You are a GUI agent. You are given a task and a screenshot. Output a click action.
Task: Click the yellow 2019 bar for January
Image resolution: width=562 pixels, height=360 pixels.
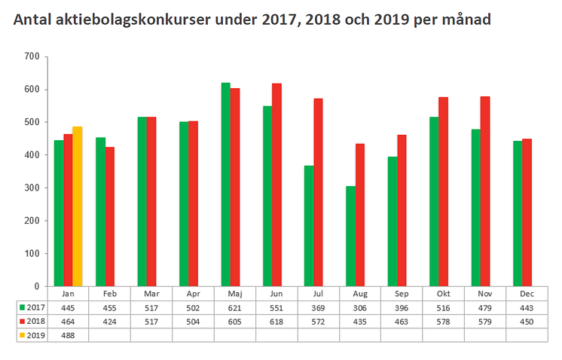coord(78,206)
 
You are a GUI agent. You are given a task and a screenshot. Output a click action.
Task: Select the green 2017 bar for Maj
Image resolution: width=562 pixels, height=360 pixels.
coord(225,185)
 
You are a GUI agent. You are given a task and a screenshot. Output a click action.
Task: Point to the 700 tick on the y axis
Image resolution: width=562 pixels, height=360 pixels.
coord(32,56)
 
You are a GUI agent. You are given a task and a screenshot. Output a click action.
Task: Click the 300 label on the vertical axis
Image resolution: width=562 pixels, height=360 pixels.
coord(32,188)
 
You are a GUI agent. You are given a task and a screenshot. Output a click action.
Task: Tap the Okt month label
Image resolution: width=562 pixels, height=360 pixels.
coord(443,294)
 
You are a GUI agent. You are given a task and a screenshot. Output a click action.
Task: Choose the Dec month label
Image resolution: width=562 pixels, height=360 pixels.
coord(527,294)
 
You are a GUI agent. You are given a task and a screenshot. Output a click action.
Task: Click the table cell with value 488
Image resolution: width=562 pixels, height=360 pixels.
coord(68,335)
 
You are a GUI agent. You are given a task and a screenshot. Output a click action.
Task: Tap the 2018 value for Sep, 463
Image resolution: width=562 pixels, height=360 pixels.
coord(402,322)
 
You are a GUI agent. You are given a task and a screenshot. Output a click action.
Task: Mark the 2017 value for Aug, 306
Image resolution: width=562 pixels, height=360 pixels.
coord(359,308)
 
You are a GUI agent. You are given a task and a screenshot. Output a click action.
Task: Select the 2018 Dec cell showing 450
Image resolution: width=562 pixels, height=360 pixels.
coord(527,322)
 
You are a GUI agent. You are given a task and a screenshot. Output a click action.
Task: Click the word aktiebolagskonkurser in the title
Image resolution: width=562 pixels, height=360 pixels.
coord(133,20)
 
